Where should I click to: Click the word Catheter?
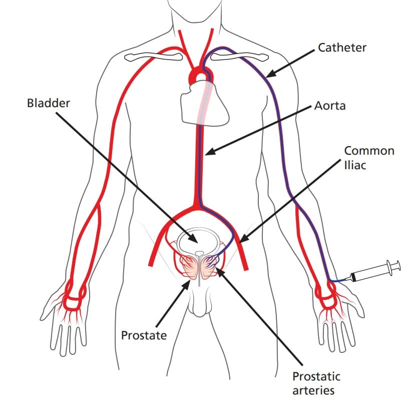point(342,48)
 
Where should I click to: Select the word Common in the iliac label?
point(369,151)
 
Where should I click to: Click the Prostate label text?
point(144,335)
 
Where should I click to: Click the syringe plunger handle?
point(394,266)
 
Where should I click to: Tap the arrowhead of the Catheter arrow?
point(268,76)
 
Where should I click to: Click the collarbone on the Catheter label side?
point(236,57)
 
